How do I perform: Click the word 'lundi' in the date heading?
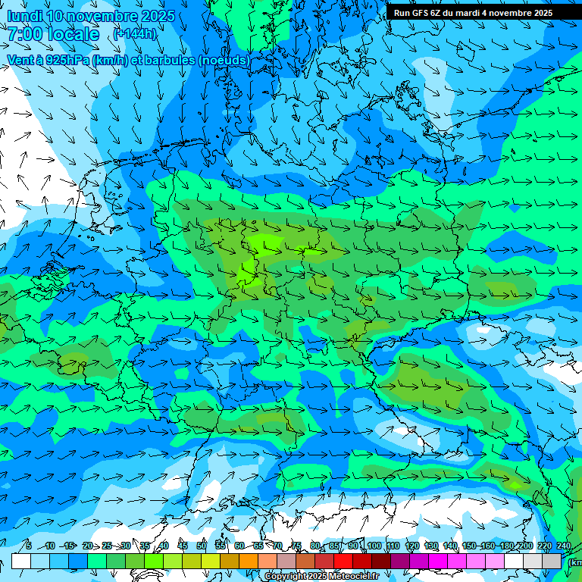24,16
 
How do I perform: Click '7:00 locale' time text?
54,34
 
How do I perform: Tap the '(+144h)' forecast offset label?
135,34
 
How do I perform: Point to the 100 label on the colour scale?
374,546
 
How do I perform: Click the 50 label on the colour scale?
202,546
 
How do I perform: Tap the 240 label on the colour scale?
563,546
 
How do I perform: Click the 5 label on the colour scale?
29,546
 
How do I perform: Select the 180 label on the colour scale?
506,546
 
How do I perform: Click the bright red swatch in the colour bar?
343,561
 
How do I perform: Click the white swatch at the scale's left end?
21,561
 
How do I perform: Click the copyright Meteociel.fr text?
321,577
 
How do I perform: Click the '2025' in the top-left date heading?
157,16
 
